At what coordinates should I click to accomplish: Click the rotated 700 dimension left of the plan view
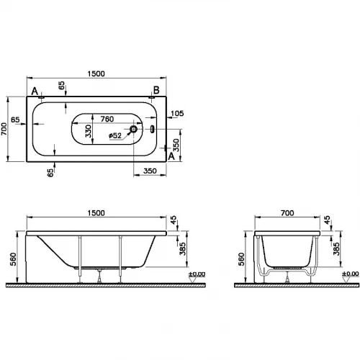pos(6,129)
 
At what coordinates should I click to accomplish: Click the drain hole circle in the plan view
pos(132,131)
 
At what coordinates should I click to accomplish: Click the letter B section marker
pos(155,90)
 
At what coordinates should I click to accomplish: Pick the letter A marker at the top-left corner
pos(35,90)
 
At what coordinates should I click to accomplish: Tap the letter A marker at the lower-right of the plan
pos(171,156)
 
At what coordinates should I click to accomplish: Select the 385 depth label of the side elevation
pos(182,249)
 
